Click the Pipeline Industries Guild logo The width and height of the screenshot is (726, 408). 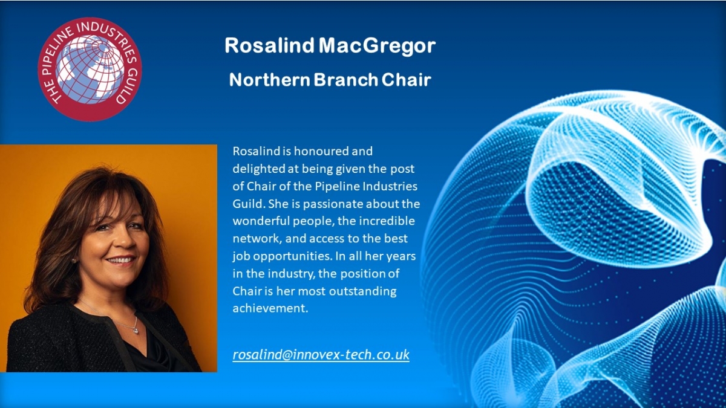[90, 70]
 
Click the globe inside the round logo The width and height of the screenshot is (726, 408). [90, 70]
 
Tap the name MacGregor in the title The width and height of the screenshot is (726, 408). [377, 46]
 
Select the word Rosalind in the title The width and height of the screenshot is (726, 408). [269, 45]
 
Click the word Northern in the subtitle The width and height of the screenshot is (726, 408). [270, 80]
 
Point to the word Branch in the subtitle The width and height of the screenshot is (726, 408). [346, 80]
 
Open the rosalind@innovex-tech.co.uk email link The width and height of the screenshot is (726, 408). [321, 355]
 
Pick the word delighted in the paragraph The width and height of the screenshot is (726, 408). [259, 169]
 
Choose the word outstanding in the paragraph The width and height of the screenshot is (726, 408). [362, 292]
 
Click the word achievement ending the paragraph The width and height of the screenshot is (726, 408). [270, 308]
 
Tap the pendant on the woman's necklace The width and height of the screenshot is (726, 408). [136, 331]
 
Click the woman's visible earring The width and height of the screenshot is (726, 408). [74, 261]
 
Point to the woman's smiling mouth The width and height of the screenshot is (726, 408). [120, 260]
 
